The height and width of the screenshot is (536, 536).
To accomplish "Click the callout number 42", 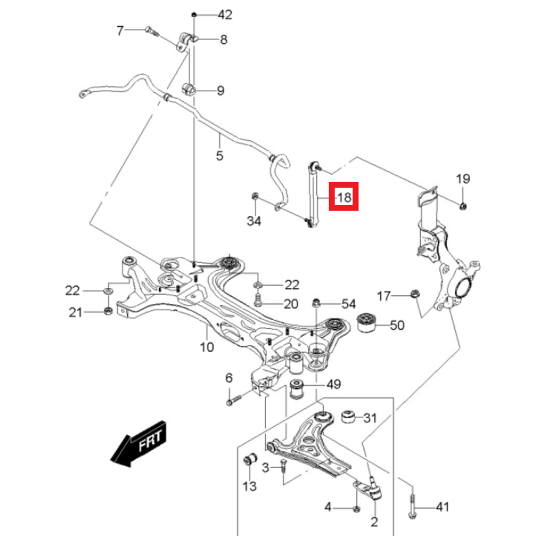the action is [225, 14].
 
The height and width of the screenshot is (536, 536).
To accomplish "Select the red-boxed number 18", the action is [344, 197].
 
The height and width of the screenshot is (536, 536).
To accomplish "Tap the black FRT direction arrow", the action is [139, 444].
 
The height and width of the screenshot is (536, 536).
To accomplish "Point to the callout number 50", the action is [397, 325].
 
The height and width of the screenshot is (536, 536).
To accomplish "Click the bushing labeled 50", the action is [366, 322].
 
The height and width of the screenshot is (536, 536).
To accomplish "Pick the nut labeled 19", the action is [463, 206].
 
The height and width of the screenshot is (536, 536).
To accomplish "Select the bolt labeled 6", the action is [234, 400].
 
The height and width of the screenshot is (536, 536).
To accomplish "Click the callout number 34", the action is [254, 221].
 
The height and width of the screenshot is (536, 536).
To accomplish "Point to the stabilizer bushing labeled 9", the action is [188, 89].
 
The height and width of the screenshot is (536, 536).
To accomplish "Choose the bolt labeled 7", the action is [152, 31].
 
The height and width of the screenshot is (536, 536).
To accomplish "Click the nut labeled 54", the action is [317, 302].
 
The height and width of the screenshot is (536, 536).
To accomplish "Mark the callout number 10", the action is [207, 347].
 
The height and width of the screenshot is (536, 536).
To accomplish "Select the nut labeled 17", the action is [415, 293].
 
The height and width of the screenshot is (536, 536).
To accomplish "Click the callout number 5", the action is [219, 155].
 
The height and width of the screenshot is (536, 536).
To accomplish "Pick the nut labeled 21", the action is [108, 311].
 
